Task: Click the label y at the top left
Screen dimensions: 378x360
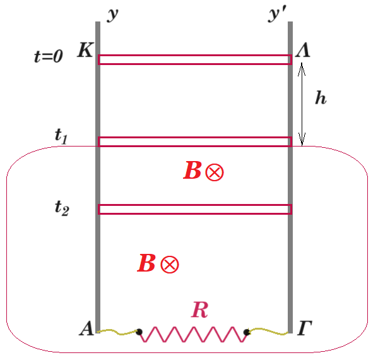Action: point(112,15)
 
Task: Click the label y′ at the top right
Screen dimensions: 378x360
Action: point(277,15)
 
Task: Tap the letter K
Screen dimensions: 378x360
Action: point(85,50)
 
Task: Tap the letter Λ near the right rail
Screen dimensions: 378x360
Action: point(303,50)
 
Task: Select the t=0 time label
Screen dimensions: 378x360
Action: point(49,56)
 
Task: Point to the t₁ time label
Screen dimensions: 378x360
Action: point(61,136)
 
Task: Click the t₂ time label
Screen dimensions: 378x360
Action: point(62,208)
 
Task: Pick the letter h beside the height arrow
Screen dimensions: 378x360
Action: point(321,98)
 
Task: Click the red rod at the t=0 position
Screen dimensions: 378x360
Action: point(195,59)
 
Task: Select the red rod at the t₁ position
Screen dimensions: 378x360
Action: point(195,141)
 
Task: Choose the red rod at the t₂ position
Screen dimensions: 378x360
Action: point(195,209)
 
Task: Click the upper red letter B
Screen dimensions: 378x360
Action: point(192,170)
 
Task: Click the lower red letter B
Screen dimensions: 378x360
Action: point(146,263)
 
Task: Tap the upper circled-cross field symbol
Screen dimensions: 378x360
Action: point(215,172)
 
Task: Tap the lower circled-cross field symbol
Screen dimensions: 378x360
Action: point(170,265)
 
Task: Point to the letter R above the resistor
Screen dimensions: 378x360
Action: point(199,309)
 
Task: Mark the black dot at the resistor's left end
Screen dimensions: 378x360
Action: point(139,332)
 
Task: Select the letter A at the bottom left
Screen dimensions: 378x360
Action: point(86,328)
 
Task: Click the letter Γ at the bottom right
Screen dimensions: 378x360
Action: point(305,328)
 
